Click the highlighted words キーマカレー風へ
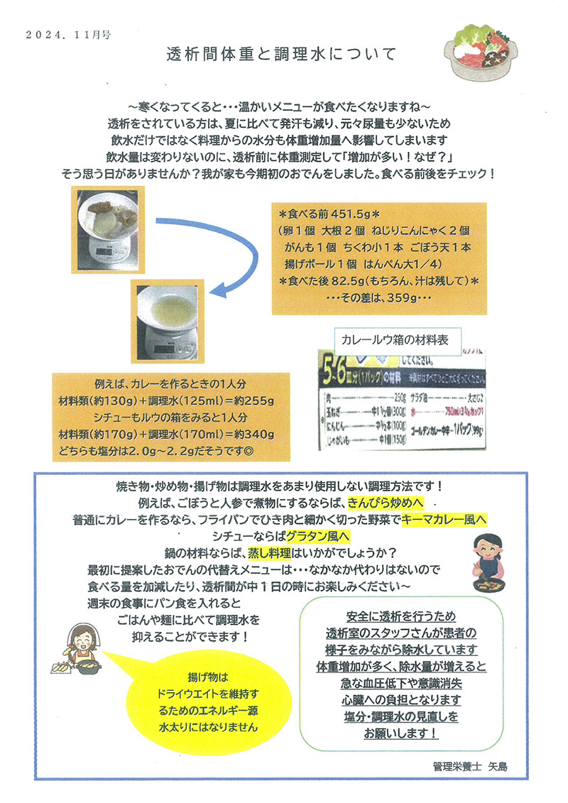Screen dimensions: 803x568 click(x=443, y=520)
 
